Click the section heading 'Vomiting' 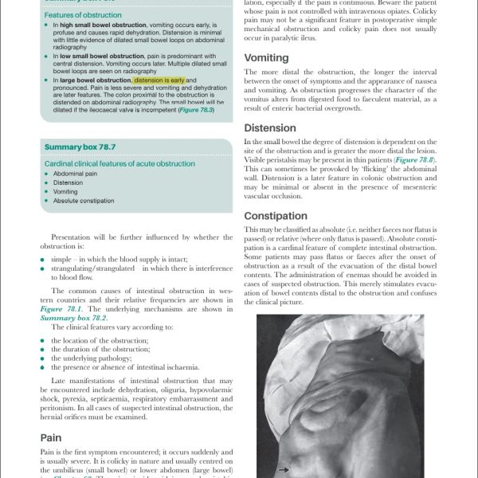[x=266, y=58]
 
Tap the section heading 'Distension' [x=270, y=128]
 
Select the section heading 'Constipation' [x=275, y=216]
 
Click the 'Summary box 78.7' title [x=80, y=147]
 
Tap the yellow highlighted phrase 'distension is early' [x=159, y=80]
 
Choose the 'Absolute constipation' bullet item [x=85, y=201]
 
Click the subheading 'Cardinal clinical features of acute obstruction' [x=119, y=163]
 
